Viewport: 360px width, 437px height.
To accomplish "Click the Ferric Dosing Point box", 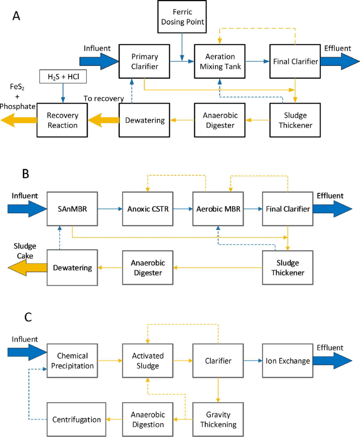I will [182, 17].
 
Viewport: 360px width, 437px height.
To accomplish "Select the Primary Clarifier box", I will [144, 61].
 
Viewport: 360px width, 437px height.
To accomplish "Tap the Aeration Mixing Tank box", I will [220, 61].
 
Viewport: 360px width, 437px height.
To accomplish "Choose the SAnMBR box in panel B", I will [72, 209].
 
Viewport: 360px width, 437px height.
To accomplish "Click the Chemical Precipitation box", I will [72, 361].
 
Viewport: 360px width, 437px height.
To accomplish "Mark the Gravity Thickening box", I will [218, 420].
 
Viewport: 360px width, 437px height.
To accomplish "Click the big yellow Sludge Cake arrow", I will [25, 268].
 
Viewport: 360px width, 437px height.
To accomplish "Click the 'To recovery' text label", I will [103, 98].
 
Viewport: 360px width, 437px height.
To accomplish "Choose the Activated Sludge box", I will [147, 361].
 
